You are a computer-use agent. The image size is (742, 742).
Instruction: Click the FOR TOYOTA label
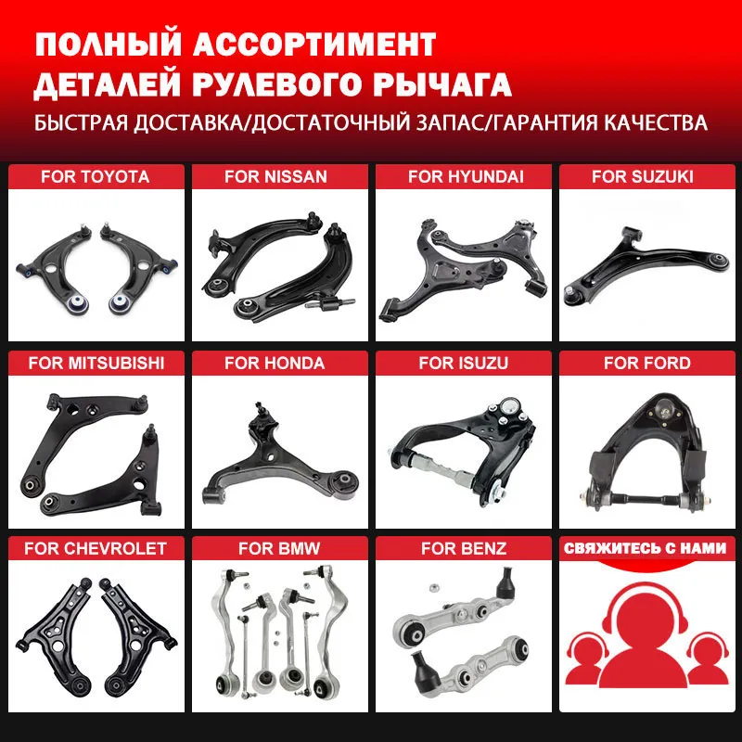[x=95, y=176]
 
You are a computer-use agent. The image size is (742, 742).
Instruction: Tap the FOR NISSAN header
[x=275, y=176]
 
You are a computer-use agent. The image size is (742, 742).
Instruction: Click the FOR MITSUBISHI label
[x=96, y=364]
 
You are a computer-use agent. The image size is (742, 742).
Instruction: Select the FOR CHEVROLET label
[x=96, y=548]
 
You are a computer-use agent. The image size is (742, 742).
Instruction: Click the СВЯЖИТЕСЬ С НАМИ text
[x=645, y=548]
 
